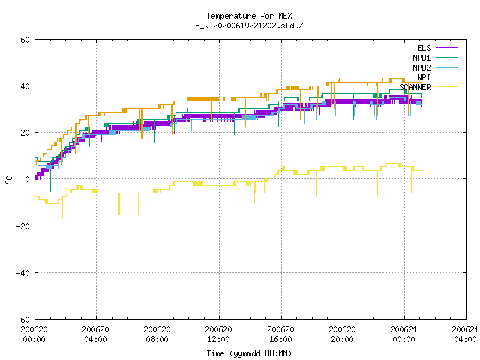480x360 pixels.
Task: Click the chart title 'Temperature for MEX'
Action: point(249,16)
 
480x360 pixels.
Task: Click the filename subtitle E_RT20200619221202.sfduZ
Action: point(249,25)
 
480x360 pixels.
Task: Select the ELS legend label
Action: point(424,48)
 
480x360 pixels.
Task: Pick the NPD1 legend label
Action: point(421,58)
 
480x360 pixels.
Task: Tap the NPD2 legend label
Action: point(421,67)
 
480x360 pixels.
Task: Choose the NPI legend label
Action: point(424,77)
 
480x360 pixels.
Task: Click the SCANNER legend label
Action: point(415,87)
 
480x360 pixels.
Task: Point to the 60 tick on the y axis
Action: point(25,40)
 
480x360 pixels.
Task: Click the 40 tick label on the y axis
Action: point(25,86)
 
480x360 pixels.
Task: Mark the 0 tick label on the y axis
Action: point(28,179)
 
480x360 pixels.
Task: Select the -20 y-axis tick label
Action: point(23,226)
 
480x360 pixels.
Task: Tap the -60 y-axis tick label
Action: point(23,319)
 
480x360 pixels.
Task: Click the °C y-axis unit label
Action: point(8,180)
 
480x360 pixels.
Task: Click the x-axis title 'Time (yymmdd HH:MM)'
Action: point(249,353)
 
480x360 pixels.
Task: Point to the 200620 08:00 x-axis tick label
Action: point(157,334)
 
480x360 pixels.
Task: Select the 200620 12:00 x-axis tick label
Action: point(218,334)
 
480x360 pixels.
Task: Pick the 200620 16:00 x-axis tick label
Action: point(280,334)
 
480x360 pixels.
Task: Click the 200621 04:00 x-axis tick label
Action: point(465,334)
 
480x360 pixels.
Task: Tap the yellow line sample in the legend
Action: point(446,87)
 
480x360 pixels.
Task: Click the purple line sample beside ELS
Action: point(446,48)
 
